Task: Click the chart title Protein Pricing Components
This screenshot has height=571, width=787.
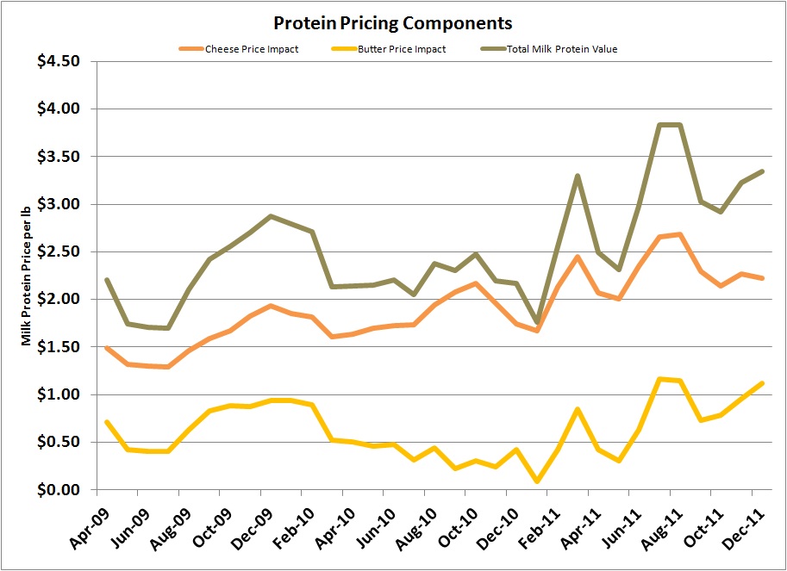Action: click(392, 22)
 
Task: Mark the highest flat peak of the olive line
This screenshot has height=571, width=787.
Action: click(670, 125)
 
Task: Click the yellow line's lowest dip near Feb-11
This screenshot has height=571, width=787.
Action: click(539, 481)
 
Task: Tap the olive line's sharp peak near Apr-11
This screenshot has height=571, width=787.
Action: click(578, 176)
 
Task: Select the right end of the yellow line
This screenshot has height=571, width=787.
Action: click(762, 383)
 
